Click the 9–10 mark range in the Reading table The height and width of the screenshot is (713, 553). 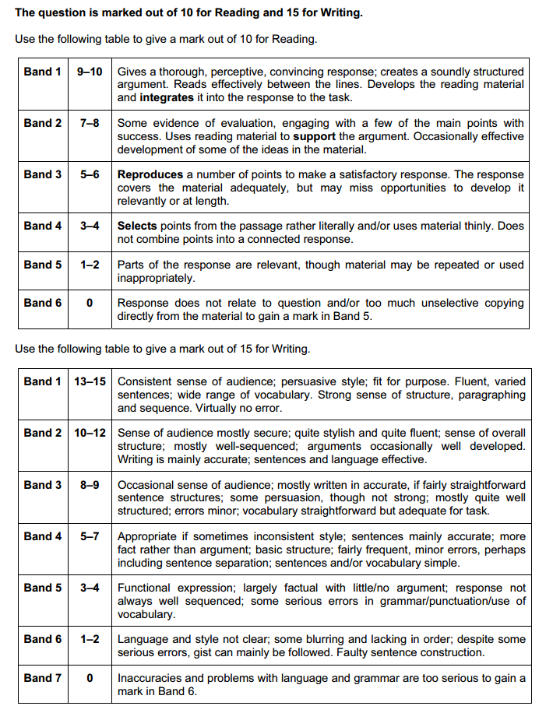(90, 72)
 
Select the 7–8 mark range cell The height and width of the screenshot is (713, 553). (90, 123)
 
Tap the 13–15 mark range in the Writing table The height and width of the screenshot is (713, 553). (90, 381)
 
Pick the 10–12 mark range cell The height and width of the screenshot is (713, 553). (90, 433)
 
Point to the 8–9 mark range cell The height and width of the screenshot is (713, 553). (90, 484)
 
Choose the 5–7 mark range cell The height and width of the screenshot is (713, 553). (90, 536)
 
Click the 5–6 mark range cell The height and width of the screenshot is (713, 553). (90, 174)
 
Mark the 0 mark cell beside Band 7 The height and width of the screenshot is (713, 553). (90, 678)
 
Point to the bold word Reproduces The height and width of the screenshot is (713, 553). (150, 174)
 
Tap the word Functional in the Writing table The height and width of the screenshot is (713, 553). (144, 588)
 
